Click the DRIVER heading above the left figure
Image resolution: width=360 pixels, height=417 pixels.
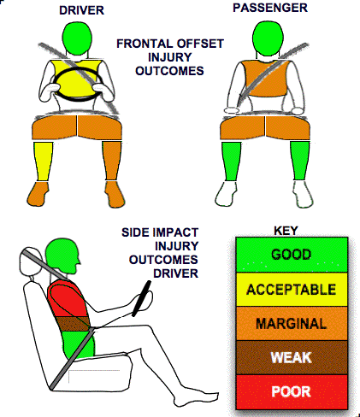pos(81,10)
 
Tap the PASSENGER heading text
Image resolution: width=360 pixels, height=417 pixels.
pos(270,8)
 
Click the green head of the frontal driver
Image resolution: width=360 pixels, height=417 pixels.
pos(77,38)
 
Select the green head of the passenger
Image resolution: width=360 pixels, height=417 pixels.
pos(268,38)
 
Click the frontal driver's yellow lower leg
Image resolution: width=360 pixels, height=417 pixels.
pos(44,162)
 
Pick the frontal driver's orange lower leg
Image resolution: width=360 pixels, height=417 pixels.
pos(112,161)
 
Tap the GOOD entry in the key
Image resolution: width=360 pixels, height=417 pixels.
pos(292,255)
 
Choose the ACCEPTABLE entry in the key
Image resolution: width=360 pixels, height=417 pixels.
pos(292,290)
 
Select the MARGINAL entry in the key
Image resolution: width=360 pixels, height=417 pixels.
pos(292,324)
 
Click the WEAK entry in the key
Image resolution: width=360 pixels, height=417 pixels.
pos(292,357)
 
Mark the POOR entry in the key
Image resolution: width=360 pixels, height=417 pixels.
pos(292,391)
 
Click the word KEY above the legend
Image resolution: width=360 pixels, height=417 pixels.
pos(286,231)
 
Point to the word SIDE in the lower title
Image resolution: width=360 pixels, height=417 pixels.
pos(133,232)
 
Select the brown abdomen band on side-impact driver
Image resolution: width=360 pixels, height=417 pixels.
pos(74,324)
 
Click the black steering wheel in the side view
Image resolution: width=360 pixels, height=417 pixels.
pos(141,298)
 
